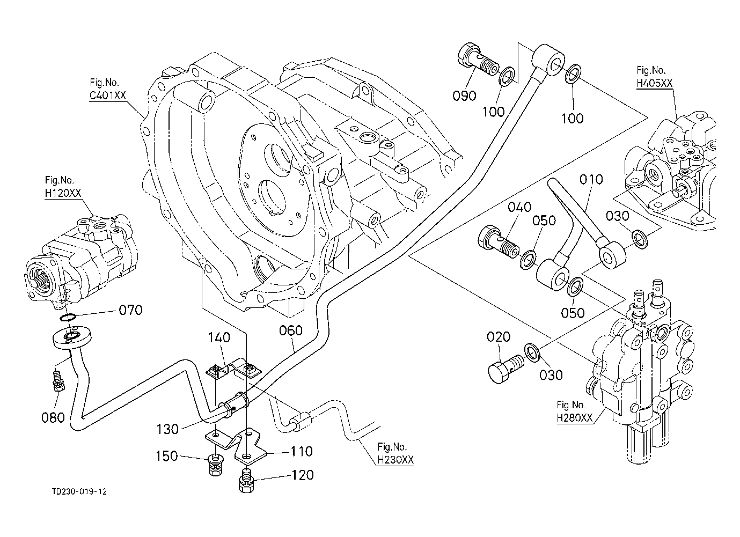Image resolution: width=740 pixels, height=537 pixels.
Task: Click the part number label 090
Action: coord(464,95)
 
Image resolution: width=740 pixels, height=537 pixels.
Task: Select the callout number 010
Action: coord(591,179)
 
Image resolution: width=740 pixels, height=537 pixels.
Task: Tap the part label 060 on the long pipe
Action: coord(291,330)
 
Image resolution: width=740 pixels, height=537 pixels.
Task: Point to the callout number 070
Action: coord(130,310)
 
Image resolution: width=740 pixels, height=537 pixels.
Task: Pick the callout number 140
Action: coord(219,337)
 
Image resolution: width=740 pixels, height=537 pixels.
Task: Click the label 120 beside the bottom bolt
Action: coord(302,475)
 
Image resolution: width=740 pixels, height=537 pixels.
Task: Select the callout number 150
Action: coord(167,456)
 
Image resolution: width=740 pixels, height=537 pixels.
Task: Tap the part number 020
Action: coord(499,337)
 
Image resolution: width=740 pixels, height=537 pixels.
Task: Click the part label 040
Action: coord(519,207)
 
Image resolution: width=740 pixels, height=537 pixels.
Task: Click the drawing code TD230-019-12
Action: coord(83,491)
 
